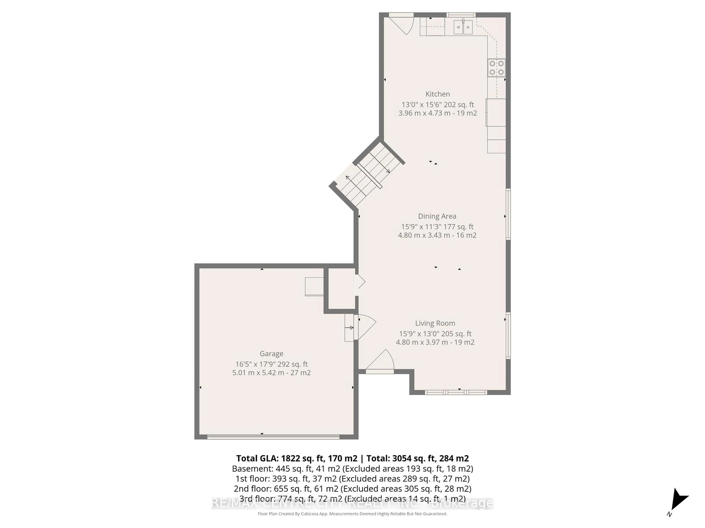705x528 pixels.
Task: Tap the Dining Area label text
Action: pyautogui.click(x=437, y=216)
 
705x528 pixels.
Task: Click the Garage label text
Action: pyautogui.click(x=271, y=354)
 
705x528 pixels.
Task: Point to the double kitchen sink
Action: pyautogui.click(x=463, y=27)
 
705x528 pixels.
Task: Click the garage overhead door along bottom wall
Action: pyautogui.click(x=273, y=437)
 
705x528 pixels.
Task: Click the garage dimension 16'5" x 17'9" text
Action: pyautogui.click(x=271, y=364)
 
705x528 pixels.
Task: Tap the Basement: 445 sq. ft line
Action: pyautogui.click(x=352, y=468)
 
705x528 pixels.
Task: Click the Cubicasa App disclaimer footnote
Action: pyautogui.click(x=352, y=514)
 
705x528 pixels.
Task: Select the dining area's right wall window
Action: pyautogui.click(x=508, y=214)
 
